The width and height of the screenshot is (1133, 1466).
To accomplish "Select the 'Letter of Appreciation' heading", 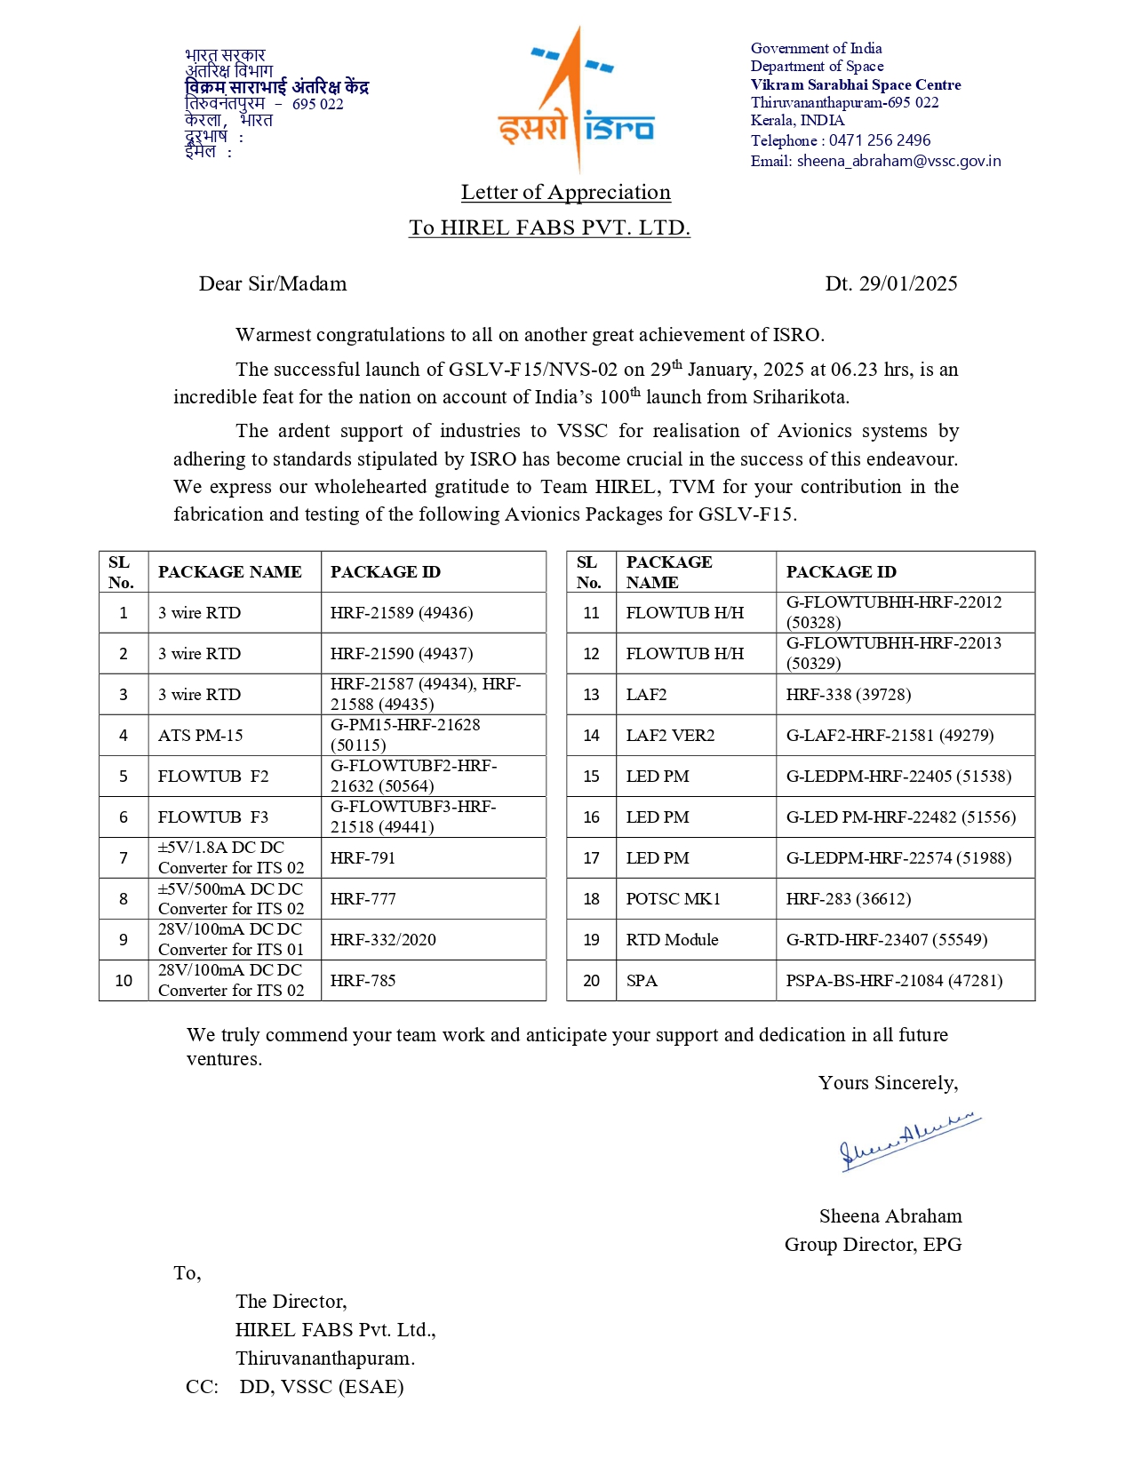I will [565, 193].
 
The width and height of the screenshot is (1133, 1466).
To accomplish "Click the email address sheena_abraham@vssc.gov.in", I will [898, 161].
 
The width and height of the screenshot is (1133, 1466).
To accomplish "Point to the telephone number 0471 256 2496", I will [880, 140].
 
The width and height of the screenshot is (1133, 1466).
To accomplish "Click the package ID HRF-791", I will [363, 858].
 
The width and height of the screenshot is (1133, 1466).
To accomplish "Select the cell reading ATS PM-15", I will [200, 736].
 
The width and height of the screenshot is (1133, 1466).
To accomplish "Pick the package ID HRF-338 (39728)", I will [848, 695].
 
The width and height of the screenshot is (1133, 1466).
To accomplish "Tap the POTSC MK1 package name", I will [673, 899].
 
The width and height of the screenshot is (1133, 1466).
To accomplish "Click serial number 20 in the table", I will [591, 981].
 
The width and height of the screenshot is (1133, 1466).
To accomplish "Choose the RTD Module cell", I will [672, 940].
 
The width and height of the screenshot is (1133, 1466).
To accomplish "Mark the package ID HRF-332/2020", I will [383, 940].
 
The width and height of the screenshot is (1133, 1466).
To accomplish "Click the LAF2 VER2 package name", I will [670, 736].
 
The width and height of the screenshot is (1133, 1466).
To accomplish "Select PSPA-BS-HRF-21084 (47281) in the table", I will [894, 981].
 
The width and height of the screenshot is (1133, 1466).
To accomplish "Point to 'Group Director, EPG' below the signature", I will [873, 1245].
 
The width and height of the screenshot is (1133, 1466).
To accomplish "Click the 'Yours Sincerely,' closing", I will [888, 1083].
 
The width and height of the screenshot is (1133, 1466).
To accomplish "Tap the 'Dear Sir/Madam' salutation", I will [273, 283].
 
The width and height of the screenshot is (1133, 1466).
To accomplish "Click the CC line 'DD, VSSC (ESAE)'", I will [321, 1387].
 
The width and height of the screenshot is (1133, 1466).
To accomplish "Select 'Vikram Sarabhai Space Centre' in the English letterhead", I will [855, 85].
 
